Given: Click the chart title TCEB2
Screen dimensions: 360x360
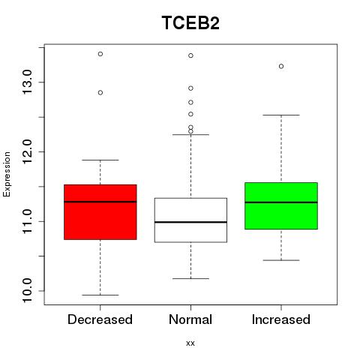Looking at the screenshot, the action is (x=190, y=22).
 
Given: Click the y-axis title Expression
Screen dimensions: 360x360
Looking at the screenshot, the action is (x=7, y=174).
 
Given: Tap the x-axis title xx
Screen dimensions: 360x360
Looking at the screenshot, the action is (x=190, y=343).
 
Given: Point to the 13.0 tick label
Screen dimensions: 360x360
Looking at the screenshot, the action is (x=27, y=82).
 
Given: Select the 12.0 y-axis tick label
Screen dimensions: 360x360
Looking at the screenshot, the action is (x=27, y=151).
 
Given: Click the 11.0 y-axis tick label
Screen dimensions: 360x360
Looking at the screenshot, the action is (x=27, y=221).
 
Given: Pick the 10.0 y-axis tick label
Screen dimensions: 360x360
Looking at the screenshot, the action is (x=27, y=291).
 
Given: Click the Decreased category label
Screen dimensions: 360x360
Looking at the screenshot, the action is (x=100, y=319).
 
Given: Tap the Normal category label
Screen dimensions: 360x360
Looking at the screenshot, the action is (x=190, y=319).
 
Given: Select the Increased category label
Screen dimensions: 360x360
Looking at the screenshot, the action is (x=281, y=319).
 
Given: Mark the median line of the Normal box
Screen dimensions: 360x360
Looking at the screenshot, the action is (x=190, y=222).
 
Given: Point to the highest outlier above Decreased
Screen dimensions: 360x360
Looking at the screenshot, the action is (x=100, y=54).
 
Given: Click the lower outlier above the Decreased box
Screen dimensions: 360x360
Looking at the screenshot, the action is (x=100, y=93).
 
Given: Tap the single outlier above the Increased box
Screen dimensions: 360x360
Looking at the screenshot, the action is (x=281, y=66).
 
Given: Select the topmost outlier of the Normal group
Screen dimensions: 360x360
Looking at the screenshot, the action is (x=190, y=55).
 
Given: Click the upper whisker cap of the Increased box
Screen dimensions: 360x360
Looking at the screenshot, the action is (x=281, y=115).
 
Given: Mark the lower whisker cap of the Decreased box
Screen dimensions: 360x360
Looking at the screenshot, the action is (x=100, y=295).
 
